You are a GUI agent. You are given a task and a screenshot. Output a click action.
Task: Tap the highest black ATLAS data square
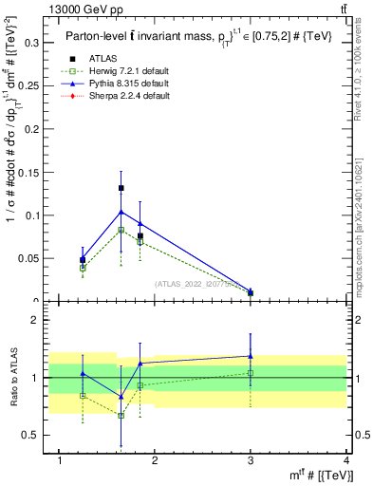pyautogui.click(x=121, y=188)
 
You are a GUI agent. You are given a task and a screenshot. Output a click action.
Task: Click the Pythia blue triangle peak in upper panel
pyautogui.click(x=121, y=211)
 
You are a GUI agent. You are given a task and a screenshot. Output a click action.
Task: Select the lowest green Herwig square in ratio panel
pyautogui.click(x=121, y=415)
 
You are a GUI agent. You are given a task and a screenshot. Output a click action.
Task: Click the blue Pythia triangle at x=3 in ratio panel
pyautogui.click(x=251, y=356)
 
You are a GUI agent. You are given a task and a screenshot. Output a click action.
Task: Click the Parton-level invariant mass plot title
pyautogui.click(x=185, y=35)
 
